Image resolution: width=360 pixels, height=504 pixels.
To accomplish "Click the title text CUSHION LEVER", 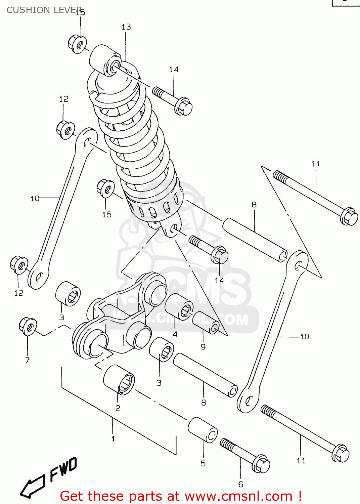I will click(44, 10).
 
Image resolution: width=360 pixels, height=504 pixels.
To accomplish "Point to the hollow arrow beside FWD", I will click(32, 487).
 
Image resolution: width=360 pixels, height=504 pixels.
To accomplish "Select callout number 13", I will click(126, 27).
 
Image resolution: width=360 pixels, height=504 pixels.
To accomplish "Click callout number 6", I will click(240, 484).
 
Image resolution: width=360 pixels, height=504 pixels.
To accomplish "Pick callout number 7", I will click(28, 360).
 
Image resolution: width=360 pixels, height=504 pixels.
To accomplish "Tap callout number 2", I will click(118, 408).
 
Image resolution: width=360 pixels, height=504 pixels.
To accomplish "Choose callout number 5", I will click(203, 463).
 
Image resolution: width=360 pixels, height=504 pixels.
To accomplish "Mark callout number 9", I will click(203, 346).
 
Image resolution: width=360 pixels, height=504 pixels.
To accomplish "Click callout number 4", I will click(175, 334).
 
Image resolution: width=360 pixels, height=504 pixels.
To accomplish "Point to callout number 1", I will click(113, 438).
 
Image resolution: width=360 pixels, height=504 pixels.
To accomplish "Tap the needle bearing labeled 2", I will click(119, 380).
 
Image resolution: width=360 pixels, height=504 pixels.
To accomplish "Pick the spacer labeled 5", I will click(203, 430).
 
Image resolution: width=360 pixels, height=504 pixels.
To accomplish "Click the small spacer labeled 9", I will click(206, 323).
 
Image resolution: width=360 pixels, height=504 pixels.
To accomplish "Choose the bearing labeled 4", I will click(179, 306).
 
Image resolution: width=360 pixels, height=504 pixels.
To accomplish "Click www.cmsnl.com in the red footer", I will click(238, 496).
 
